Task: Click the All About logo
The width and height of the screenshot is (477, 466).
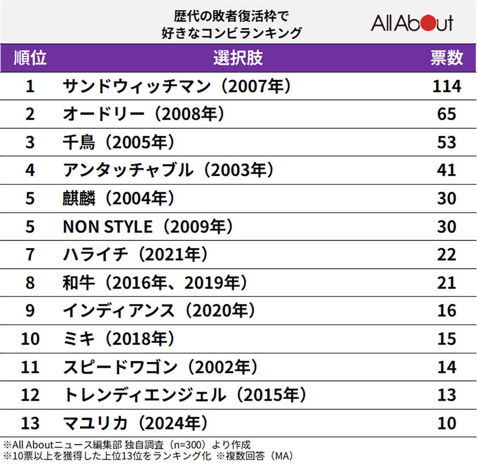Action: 412,23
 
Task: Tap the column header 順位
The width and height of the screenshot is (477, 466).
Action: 30,58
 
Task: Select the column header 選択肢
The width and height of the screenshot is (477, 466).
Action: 238,58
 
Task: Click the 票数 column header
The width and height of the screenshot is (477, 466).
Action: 446,58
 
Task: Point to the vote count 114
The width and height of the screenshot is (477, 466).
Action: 446,86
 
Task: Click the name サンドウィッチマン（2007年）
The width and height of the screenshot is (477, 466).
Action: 177,86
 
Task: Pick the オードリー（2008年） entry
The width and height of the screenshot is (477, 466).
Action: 143,114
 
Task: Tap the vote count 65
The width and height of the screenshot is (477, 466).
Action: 446,114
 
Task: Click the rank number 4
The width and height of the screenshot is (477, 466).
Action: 30,170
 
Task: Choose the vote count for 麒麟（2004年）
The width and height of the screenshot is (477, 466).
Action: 446,198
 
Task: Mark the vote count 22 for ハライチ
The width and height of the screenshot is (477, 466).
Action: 446,254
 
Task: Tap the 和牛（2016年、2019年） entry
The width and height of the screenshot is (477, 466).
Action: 155,283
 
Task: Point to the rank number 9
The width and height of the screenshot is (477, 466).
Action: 30,311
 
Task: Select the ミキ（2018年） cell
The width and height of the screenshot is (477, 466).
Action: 118,339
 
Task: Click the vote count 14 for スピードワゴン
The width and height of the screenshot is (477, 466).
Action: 446,367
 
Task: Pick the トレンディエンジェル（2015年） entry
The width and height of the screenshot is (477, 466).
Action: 185,395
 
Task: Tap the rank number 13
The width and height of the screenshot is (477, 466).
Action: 30,423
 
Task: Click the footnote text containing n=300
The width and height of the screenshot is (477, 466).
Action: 127,445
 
